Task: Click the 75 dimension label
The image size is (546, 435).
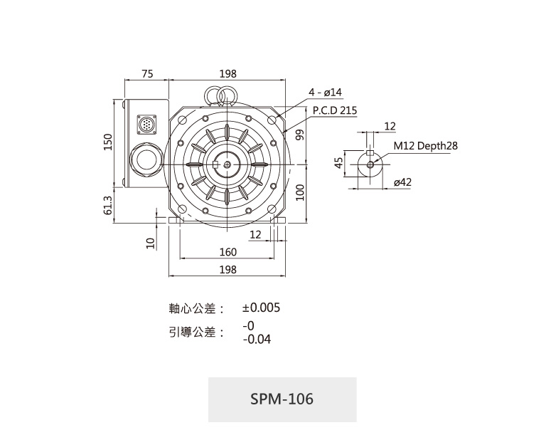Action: pos(147,73)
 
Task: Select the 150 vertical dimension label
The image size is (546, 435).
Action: pos(108,142)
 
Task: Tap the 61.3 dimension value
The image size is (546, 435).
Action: pos(108,205)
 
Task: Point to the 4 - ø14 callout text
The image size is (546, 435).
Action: pos(325,92)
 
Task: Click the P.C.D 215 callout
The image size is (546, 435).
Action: pos(335,110)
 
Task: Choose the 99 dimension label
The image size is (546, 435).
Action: pos(299,135)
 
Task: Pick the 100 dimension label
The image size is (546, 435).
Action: pos(299,192)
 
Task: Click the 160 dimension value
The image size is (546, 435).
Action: pos(228,252)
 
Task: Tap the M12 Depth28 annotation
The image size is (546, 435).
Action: pos(426,145)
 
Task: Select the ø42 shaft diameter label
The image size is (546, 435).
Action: pos(402,182)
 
